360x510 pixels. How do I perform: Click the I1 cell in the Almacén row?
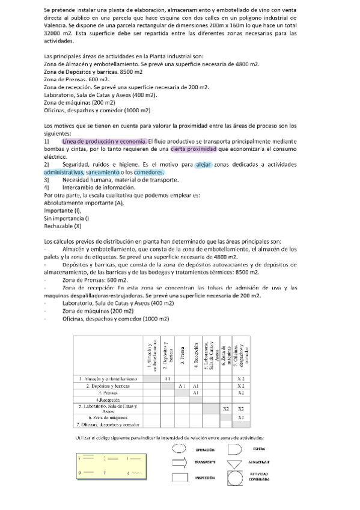point(168,378)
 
